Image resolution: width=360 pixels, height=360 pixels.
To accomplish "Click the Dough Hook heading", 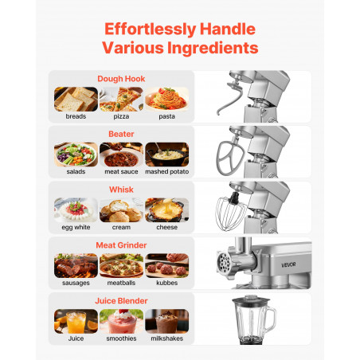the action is click(x=121, y=79).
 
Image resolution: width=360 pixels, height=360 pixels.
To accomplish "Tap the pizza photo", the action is click(x=121, y=99).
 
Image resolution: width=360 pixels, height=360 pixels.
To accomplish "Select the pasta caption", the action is click(x=166, y=116).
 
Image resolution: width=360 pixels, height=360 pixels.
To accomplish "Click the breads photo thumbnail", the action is click(x=76, y=99).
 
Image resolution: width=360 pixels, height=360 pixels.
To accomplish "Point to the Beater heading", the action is click(x=121, y=134).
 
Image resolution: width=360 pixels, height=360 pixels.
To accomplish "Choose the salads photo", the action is click(x=76, y=155).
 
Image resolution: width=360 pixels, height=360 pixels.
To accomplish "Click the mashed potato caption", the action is click(x=166, y=171).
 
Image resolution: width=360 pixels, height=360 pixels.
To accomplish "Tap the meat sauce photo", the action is click(x=121, y=155).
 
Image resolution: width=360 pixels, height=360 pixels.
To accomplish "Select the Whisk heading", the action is click(x=121, y=190).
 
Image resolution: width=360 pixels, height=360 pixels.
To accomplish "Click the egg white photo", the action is click(x=76, y=210).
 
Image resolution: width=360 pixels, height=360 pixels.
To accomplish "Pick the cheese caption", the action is click(x=166, y=227).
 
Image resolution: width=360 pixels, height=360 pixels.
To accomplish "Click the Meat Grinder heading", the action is click(x=121, y=245).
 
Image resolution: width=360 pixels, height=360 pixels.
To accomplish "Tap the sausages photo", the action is click(x=76, y=265).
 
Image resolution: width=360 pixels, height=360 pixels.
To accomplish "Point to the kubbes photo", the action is click(x=166, y=265).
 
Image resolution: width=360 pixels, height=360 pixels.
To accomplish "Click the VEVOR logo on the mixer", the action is click(x=288, y=264).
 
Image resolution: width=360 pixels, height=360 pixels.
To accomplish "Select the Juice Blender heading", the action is click(x=121, y=301).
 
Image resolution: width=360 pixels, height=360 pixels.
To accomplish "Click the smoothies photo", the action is click(x=121, y=321).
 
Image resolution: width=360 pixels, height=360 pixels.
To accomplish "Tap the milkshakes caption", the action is click(x=166, y=338).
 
